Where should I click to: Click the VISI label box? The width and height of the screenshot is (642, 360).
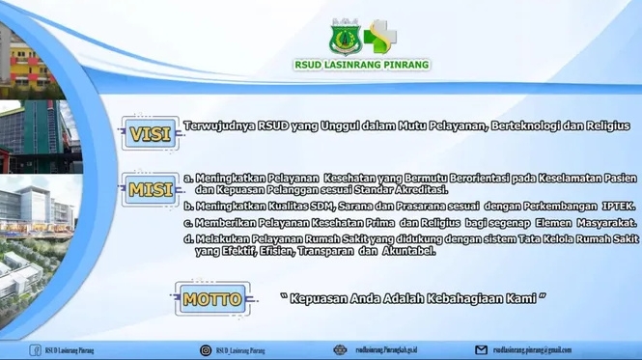[x=151, y=134]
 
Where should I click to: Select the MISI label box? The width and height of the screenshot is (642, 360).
[x=151, y=190]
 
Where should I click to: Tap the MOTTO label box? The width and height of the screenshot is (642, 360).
[x=212, y=299]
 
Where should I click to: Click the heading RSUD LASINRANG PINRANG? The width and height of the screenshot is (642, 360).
[x=362, y=66]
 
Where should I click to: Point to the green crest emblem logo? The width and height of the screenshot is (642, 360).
[x=344, y=37]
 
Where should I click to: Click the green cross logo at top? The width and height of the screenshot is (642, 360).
[x=380, y=37]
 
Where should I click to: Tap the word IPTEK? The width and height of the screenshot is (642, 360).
[x=611, y=207]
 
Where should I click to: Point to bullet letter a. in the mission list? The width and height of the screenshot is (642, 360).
[x=187, y=179]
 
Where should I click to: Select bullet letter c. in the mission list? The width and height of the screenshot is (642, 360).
[x=187, y=222]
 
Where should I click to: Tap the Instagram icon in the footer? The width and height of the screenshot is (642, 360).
[x=206, y=349]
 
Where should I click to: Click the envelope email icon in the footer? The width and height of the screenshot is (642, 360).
[x=481, y=349]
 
